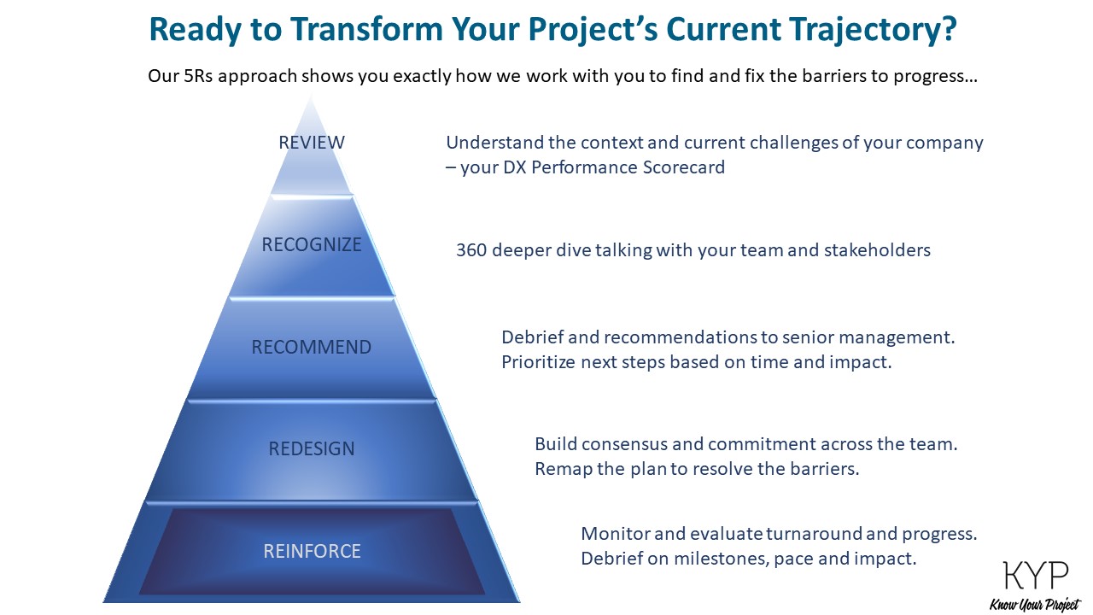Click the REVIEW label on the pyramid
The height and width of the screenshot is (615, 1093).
tap(312, 143)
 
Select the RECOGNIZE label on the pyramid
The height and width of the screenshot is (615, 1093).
tap(312, 245)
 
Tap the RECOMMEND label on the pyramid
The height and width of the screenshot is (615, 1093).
tap(312, 348)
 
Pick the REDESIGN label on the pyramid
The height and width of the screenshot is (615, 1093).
tap(312, 449)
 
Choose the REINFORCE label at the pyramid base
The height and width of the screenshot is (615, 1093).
tap(312, 552)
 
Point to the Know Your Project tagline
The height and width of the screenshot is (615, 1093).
tap(1034, 605)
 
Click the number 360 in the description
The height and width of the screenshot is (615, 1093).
tap(471, 250)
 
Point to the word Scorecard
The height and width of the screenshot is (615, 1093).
tap(682, 167)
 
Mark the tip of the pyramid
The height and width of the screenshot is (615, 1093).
tap(312, 96)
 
